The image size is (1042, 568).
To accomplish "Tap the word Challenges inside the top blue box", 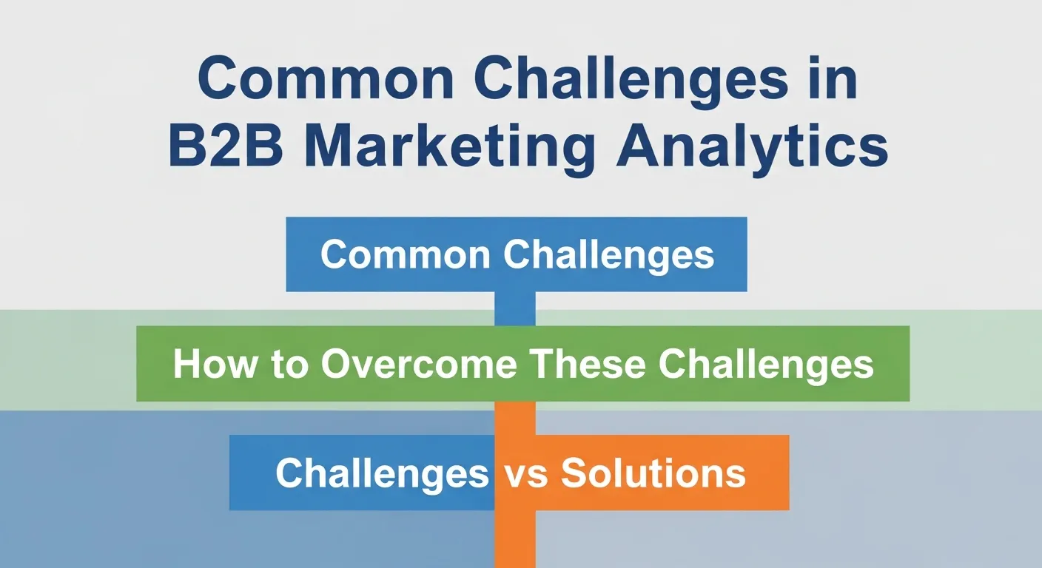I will click(609, 254).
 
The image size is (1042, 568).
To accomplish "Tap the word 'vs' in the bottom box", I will click(525, 473).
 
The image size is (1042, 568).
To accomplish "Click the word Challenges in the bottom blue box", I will click(382, 473).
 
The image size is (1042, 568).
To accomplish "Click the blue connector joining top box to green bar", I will click(514, 308).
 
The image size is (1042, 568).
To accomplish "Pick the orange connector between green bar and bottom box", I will click(514, 418).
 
